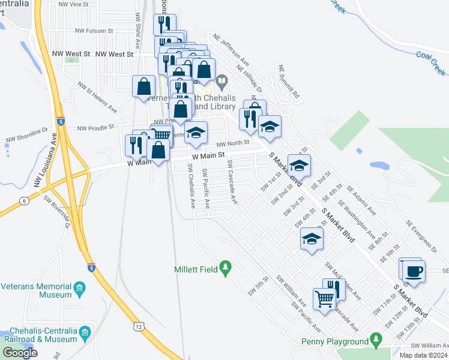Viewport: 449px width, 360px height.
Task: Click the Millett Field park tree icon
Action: [x=226, y=266]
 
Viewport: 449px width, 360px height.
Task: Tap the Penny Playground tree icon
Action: [x=376, y=339]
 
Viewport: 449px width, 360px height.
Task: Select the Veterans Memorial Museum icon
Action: [x=79, y=290]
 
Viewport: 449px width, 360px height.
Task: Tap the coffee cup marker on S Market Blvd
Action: [x=414, y=270]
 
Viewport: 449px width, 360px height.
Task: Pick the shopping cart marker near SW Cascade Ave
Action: [x=324, y=298]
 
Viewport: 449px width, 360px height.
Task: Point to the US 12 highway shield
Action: [x=139, y=326]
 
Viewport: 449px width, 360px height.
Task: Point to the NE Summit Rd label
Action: [x=289, y=82]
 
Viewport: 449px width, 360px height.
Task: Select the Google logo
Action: [x=20, y=353]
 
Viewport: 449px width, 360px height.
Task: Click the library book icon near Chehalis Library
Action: [x=221, y=80]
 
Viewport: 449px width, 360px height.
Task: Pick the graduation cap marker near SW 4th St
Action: [x=310, y=240]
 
